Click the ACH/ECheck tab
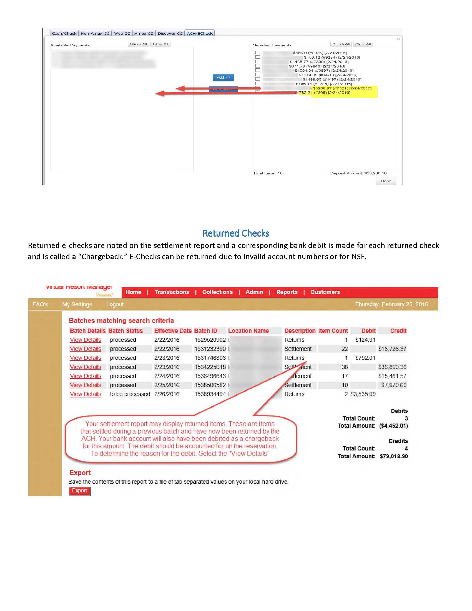click(x=200, y=33)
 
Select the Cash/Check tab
click(x=64, y=33)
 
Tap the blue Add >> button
click(x=223, y=77)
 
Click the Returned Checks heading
click(x=236, y=233)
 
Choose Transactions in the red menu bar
click(x=172, y=292)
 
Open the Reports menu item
click(x=287, y=292)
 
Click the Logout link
click(x=115, y=304)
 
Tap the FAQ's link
click(x=40, y=304)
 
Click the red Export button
click(x=80, y=491)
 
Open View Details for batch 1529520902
click(x=85, y=340)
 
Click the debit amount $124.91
click(x=365, y=340)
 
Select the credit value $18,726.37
click(x=392, y=349)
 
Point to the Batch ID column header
click(x=205, y=331)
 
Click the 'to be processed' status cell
click(x=130, y=394)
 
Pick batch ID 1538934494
click(x=210, y=394)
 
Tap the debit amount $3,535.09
click(x=363, y=394)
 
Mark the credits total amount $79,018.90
click(x=393, y=456)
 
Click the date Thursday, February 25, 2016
click(x=391, y=304)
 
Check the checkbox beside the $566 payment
click(x=258, y=52)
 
